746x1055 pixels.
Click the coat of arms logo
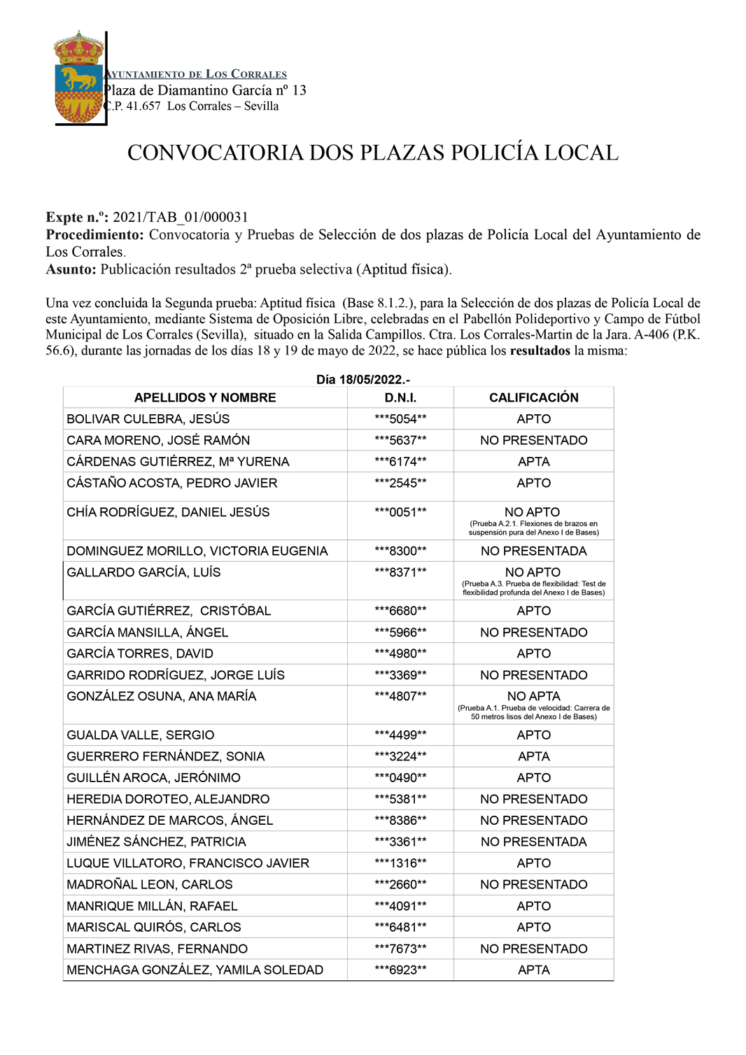click(x=78, y=78)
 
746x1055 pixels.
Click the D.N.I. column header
click(x=400, y=397)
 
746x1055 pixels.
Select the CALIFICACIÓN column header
click(x=533, y=397)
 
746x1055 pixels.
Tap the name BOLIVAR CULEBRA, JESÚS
click(x=148, y=419)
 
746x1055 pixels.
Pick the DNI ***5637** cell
click(x=400, y=441)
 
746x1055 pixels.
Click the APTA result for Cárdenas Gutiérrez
click(x=533, y=462)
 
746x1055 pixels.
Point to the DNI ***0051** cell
click(x=400, y=512)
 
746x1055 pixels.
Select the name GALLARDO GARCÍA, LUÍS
click(x=143, y=572)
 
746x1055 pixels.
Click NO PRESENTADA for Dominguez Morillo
click(x=533, y=551)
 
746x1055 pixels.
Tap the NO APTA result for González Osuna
click(x=533, y=696)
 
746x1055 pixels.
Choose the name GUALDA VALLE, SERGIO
click(x=141, y=735)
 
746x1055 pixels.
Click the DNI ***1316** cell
click(x=400, y=863)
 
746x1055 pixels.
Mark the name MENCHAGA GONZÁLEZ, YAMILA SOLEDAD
click(x=195, y=970)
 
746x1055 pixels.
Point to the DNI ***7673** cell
click(x=400, y=949)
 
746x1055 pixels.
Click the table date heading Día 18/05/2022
click(x=363, y=380)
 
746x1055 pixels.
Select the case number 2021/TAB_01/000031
click(x=180, y=218)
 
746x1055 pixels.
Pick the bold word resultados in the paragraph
click(x=540, y=351)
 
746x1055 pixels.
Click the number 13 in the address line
click(x=299, y=90)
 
